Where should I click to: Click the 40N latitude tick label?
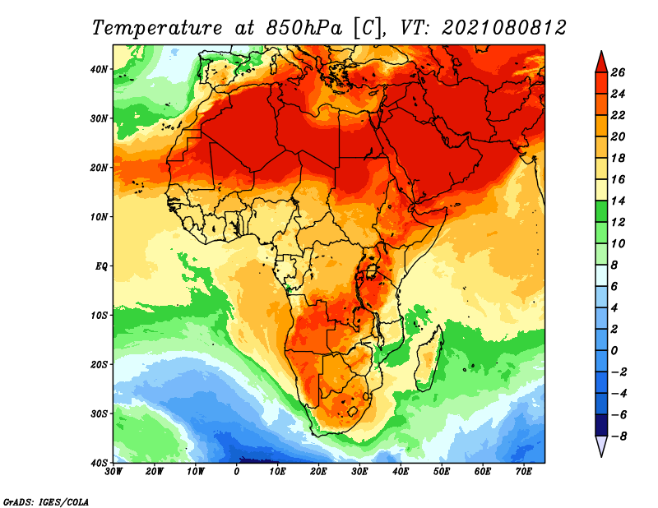pos(99,69)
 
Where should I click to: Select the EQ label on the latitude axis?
pos(101,266)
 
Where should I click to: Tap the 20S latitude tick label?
pos(99,364)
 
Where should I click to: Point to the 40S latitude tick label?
pos(99,463)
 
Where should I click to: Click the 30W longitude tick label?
pos(114,472)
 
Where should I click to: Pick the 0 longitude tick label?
pos(237,472)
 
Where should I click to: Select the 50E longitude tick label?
pos(442,472)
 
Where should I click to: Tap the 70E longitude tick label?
pos(524,472)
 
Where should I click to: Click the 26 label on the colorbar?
pos(618,72)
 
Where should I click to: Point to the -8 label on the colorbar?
pos(618,436)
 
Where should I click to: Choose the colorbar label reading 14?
pos(618,201)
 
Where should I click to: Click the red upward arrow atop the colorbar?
pos(601,62)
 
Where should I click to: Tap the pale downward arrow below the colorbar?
pos(601,446)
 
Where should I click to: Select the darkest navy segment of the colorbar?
pos(601,425)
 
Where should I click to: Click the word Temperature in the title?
pos(157,28)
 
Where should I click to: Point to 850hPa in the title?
pos(304,28)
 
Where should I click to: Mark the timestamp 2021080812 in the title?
pos(504,28)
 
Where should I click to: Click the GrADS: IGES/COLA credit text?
pos(46,502)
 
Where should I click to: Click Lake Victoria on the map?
pos(372,271)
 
